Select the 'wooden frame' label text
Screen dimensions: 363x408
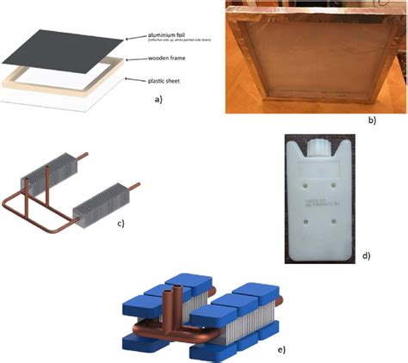pos(151,59)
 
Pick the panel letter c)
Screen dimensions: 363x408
pos(121,224)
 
